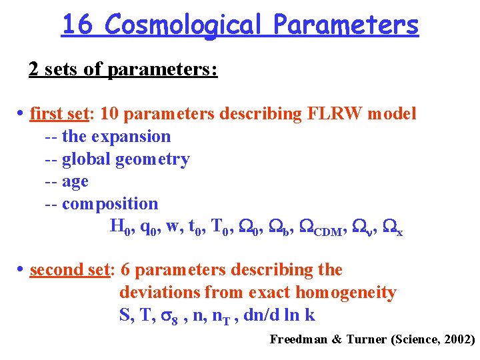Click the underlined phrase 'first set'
(59, 114)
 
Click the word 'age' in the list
(75, 181)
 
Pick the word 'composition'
(110, 204)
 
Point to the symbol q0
(149, 228)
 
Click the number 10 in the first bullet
(109, 114)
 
